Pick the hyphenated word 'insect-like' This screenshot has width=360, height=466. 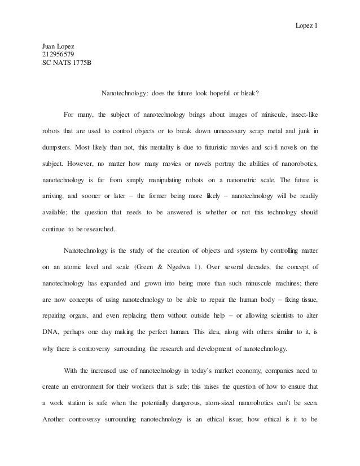(302, 116)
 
